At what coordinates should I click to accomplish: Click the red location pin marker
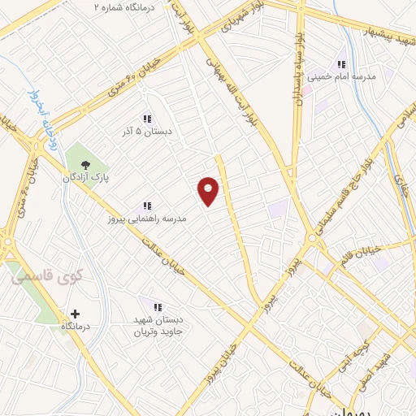209,190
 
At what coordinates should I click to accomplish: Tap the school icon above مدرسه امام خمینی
342,63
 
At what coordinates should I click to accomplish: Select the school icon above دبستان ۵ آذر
147,118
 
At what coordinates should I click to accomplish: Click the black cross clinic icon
76,313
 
